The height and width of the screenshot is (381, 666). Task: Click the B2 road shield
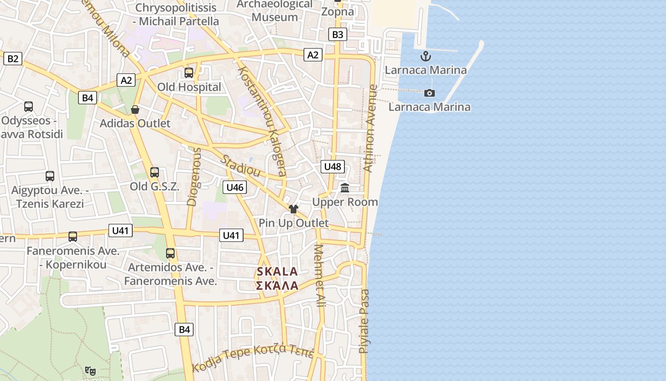(x=13, y=59)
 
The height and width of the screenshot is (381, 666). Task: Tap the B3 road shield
(x=337, y=34)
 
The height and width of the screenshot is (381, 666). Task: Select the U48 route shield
(x=333, y=166)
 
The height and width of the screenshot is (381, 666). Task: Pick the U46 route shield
(x=235, y=187)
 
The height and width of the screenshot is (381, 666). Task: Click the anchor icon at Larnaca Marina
(x=425, y=57)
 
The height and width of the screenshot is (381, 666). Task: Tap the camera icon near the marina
(x=430, y=93)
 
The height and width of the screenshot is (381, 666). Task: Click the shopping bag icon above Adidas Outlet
(x=135, y=110)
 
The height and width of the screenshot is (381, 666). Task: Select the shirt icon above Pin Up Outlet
(x=293, y=209)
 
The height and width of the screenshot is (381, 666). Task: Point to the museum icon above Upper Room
(x=345, y=188)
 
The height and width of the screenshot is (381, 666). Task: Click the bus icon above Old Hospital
(x=189, y=73)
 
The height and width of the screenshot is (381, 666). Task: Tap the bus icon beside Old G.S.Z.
(x=154, y=172)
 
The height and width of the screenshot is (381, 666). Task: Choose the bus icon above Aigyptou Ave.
(x=50, y=176)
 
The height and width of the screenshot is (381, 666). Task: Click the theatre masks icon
(x=90, y=371)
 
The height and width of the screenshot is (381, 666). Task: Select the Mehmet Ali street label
(x=320, y=275)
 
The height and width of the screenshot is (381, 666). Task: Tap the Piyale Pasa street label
(x=364, y=321)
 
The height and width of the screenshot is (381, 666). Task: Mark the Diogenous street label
(x=195, y=177)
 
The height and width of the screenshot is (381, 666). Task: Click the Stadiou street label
(x=241, y=165)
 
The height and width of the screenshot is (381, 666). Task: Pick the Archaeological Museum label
(x=275, y=11)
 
